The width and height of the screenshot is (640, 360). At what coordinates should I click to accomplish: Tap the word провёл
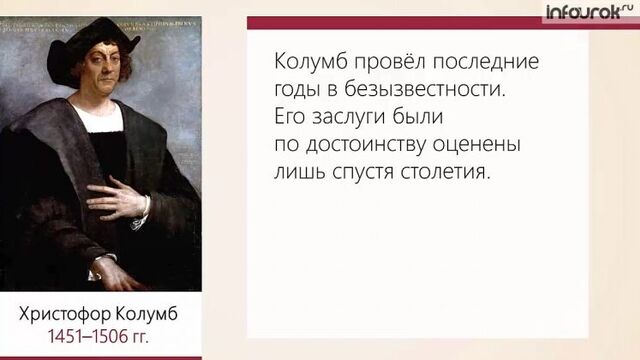[391, 62]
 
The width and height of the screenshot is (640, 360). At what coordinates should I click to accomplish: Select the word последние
[489, 62]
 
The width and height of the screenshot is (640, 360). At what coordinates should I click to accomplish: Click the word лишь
[296, 172]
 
